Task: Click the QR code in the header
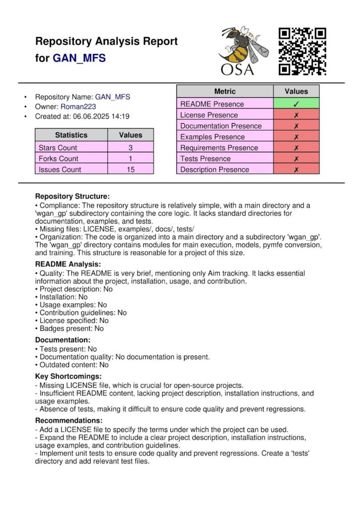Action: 302,51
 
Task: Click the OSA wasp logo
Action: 244,51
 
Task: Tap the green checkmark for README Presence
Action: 296,104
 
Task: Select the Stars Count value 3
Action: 130,148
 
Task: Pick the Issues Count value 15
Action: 130,170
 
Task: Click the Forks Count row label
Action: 58,159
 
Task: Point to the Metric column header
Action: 225,92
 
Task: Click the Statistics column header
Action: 71,135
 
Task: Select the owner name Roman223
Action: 78,106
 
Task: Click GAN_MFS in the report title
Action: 79,58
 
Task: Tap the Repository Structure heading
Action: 72,197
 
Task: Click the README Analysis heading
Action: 68,264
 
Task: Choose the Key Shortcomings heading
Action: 68,376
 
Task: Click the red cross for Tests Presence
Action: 296,159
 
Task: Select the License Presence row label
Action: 209,115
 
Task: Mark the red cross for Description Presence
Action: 296,170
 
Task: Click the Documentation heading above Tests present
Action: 62,340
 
